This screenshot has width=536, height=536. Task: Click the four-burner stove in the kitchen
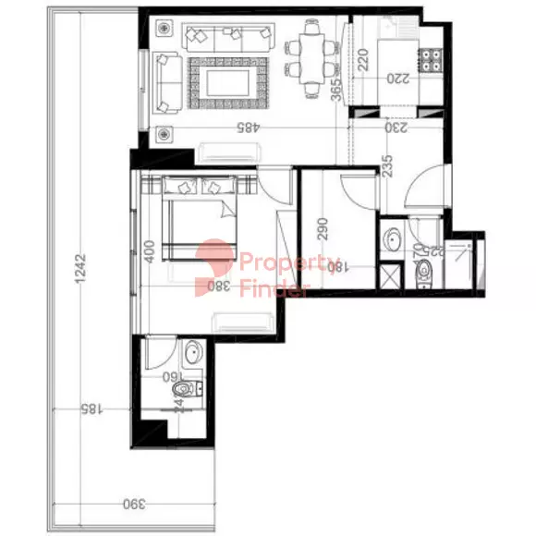point(431,61)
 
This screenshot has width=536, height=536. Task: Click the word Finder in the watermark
point(274,289)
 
